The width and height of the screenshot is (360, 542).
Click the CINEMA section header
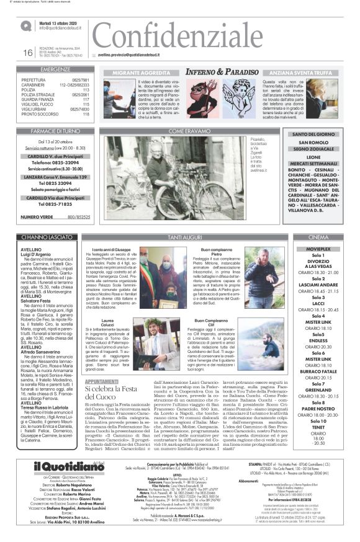point(318,238)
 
